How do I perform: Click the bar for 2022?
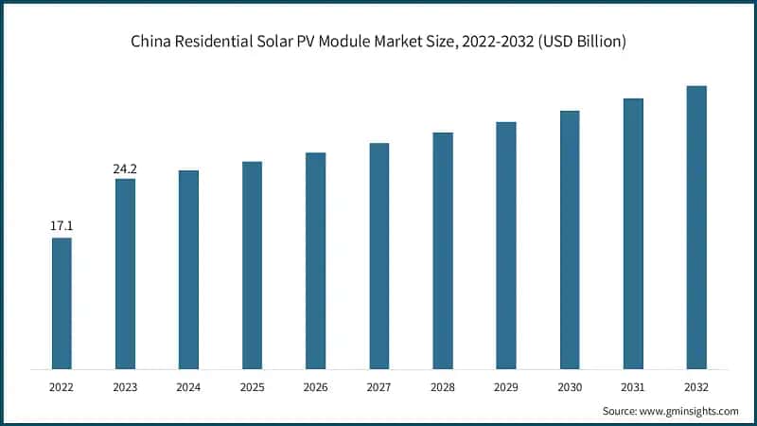tap(62, 303)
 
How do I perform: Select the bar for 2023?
tap(125, 274)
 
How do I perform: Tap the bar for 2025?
tap(252, 265)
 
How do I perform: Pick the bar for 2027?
tap(378, 256)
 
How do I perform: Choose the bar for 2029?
tap(506, 245)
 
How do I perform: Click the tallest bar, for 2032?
tap(696, 227)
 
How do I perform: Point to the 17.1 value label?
tap(62, 226)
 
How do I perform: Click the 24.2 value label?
tap(125, 169)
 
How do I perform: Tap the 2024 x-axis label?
tap(188, 386)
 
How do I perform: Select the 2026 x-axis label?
tap(315, 386)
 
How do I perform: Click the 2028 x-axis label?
tap(443, 386)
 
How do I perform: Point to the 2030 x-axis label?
tap(570, 386)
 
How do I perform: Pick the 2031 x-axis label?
tap(633, 386)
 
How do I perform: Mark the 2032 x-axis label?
tap(696, 386)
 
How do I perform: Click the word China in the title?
tap(150, 43)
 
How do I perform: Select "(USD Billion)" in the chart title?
tap(580, 43)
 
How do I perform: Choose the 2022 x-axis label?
tap(62, 386)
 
